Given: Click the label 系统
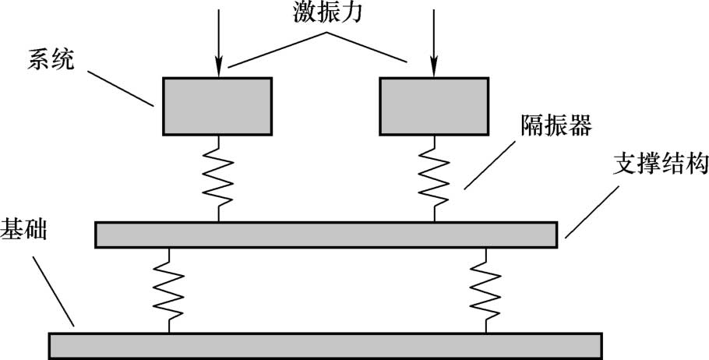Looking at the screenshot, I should point(51,60).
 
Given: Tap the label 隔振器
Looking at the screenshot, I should point(559,125).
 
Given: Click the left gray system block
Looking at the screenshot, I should point(217,106).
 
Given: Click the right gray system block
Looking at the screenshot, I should point(433,106).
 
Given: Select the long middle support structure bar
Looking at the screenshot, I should point(326,235).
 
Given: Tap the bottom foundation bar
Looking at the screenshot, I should point(325,345).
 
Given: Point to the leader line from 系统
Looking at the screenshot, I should point(122,88).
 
